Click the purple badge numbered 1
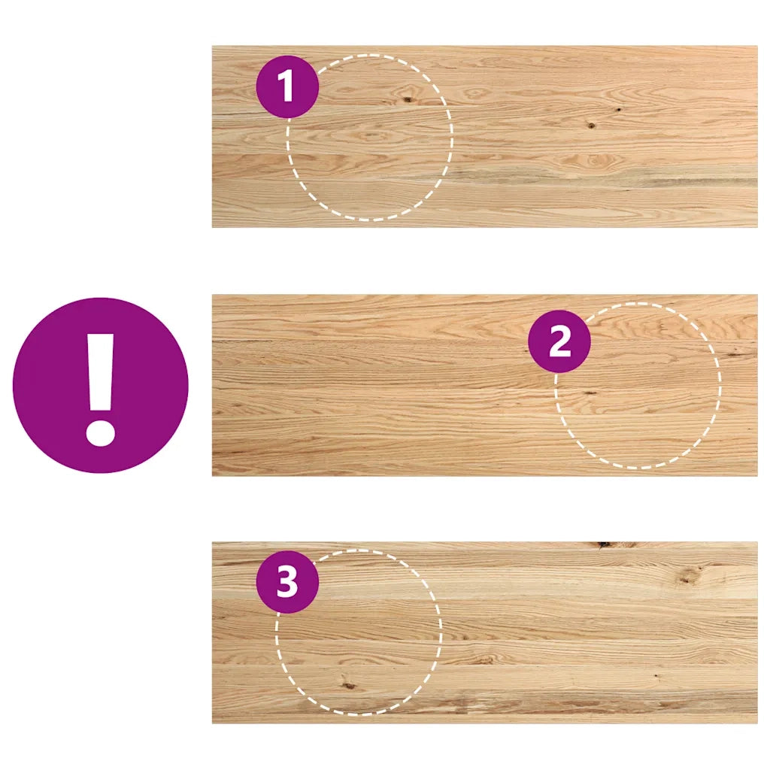288,87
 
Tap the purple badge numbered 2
559,341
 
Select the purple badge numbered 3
288,582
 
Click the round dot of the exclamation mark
101,432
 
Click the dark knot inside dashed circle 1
407,100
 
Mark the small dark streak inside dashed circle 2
589,393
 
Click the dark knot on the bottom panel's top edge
605,544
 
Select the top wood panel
485,137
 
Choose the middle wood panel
485,385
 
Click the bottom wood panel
485,632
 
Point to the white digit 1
286,86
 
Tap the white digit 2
559,341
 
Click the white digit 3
287,582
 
